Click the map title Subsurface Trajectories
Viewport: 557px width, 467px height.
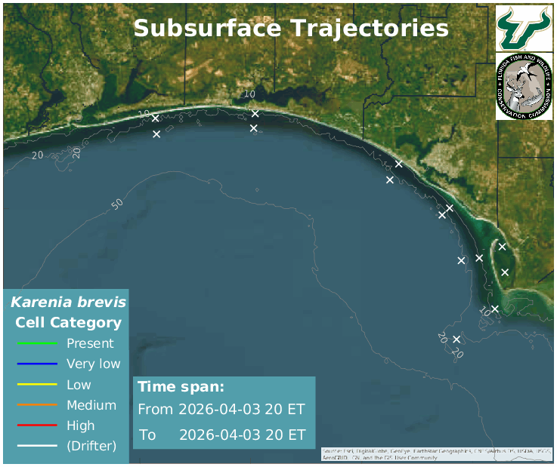coord(291,29)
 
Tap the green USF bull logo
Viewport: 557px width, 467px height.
coord(524,27)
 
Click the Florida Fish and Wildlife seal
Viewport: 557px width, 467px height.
coord(524,87)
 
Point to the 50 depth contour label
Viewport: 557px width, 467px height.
coord(117,204)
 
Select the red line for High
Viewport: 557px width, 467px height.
coord(37,426)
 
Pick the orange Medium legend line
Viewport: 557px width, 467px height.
coord(37,405)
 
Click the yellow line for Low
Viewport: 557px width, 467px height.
coord(37,385)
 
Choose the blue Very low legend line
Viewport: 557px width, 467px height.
coord(37,364)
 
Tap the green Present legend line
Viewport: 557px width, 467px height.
coord(37,344)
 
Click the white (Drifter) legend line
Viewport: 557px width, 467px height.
coord(37,446)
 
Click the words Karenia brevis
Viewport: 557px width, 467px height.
coord(68,303)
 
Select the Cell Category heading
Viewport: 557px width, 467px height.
coord(68,323)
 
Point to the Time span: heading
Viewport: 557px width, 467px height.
coord(181,387)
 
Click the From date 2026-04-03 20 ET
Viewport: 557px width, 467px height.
coord(242,410)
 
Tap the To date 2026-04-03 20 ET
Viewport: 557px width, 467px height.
coord(242,435)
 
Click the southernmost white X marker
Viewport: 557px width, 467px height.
coord(456,339)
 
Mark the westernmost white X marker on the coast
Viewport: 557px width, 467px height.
coord(155,118)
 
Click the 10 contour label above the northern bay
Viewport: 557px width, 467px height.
coord(250,94)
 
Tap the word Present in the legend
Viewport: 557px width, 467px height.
coord(90,344)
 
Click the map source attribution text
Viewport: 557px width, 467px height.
coord(437,453)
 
